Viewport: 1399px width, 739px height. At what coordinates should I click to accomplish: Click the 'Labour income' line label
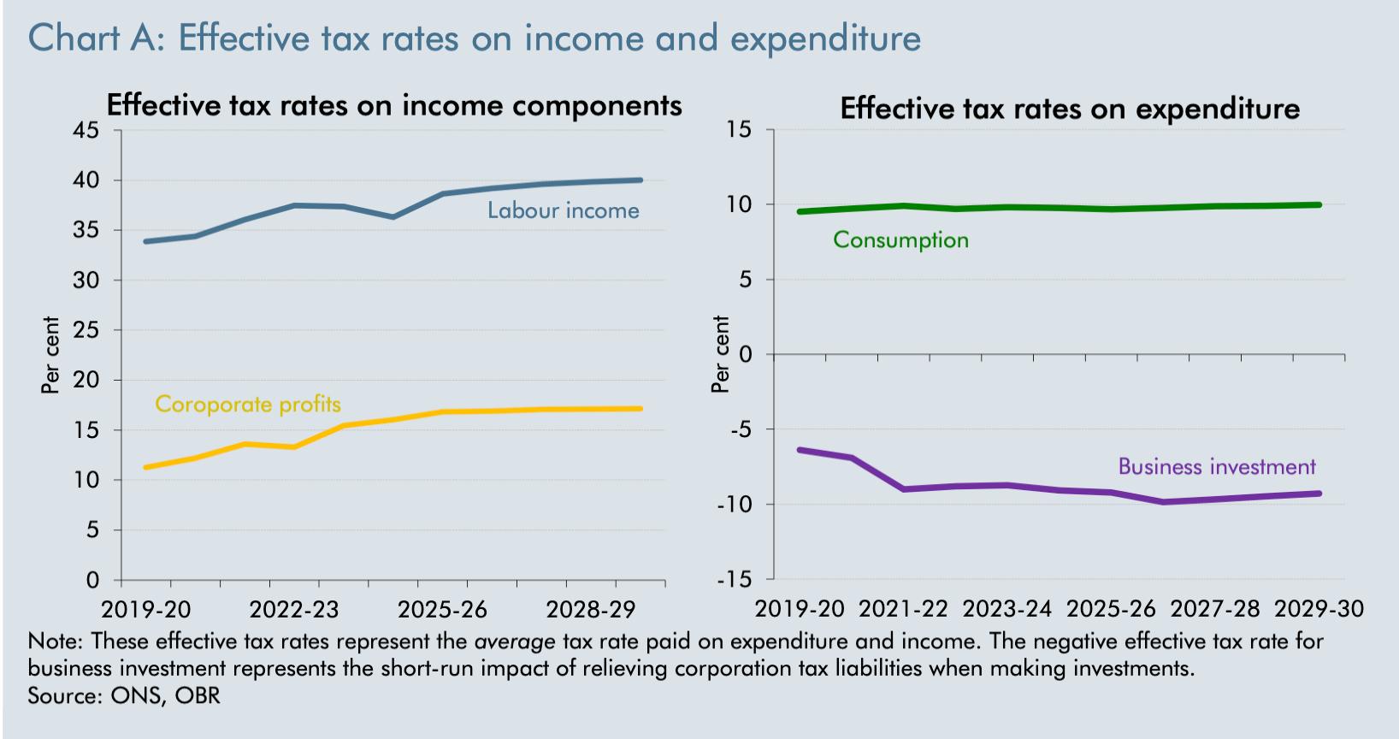[563, 211]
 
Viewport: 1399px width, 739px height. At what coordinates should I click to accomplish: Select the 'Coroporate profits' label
[248, 405]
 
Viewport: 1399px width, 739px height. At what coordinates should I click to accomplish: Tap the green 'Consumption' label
[900, 240]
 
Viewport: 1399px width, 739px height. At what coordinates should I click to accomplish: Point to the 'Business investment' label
[1216, 467]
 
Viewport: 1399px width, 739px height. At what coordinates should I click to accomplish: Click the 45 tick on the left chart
[86, 130]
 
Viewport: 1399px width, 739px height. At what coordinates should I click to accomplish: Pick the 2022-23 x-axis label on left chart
[294, 610]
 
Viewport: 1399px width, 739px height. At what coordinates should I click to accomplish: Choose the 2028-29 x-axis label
[591, 610]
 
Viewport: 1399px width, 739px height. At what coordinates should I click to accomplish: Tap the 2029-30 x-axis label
[1319, 609]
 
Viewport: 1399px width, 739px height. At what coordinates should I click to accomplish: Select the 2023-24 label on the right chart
[1006, 609]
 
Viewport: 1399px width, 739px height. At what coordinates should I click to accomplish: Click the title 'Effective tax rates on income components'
[394, 105]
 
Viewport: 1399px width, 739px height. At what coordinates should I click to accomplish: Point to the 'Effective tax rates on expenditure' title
[1070, 109]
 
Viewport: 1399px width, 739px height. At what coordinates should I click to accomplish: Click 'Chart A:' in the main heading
[96, 38]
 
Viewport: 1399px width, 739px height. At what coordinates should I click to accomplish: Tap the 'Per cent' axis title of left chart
[51, 355]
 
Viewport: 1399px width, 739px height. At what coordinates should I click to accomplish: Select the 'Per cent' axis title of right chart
[721, 354]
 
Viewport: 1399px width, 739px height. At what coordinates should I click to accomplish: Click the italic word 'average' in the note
[515, 641]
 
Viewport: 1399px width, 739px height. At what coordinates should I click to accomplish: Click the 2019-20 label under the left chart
[146, 610]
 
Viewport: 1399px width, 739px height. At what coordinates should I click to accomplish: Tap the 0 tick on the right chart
[745, 354]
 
